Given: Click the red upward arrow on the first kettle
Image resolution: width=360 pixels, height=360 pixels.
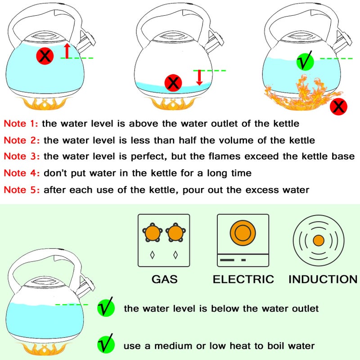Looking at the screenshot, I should point(67,51).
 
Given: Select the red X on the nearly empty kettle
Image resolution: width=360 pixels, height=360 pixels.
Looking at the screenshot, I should point(173,82).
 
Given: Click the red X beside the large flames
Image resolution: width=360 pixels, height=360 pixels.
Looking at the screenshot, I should point(339,107).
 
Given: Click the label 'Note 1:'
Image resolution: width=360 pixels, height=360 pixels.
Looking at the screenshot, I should point(21,123).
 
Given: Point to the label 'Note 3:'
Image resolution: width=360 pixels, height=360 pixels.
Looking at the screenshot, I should point(21,156).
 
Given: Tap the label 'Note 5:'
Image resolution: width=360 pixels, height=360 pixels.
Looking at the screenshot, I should point(21,189).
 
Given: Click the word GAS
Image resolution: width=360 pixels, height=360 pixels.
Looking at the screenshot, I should point(164,279).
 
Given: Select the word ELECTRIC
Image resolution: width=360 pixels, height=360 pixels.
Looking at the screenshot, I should point(243,279).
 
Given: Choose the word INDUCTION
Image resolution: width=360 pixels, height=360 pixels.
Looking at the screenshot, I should point(323,279).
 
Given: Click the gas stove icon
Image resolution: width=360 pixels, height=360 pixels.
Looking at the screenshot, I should point(164,241).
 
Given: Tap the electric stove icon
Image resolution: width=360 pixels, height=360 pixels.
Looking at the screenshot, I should point(243,241).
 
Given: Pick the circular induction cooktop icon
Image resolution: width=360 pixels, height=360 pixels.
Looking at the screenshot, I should point(318,240).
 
